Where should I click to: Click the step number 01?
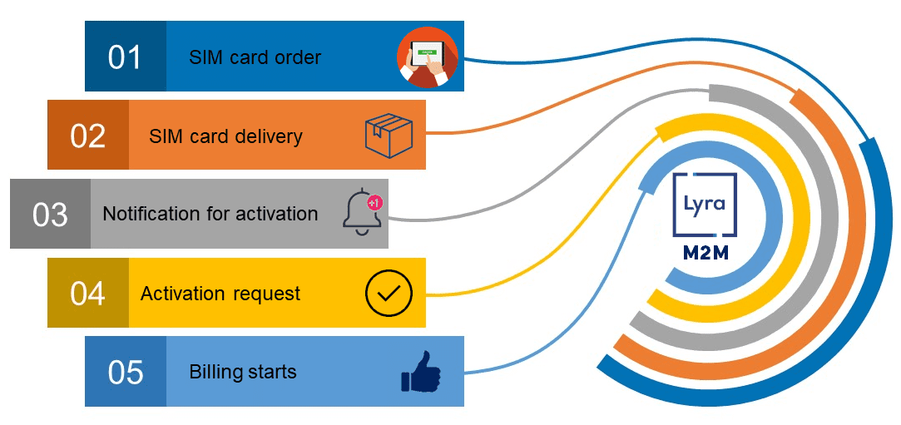click(125, 57)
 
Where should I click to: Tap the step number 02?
click(87, 136)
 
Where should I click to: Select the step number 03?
click(50, 215)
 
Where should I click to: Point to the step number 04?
click(87, 293)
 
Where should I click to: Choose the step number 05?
click(126, 372)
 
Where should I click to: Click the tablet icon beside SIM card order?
click(427, 57)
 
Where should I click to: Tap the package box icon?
click(389, 134)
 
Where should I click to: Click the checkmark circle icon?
click(389, 293)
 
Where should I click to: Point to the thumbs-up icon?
click(422, 372)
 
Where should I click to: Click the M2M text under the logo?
click(704, 251)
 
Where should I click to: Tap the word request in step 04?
click(266, 294)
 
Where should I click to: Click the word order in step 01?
click(298, 57)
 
